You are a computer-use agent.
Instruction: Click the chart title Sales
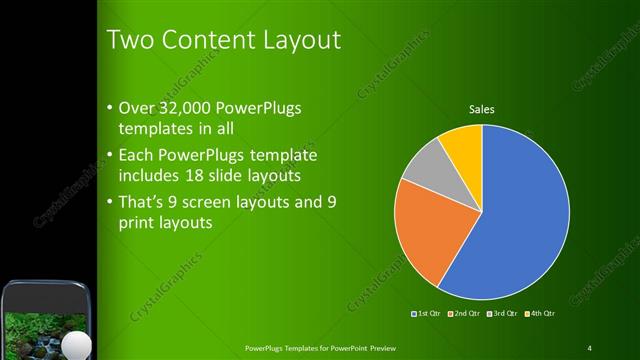482,110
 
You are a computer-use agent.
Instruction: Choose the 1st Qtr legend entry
428,314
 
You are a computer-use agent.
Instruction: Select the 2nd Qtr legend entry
465,314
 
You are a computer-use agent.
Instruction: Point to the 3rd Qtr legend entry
502,314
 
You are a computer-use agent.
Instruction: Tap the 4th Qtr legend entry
539,314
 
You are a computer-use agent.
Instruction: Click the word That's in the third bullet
142,202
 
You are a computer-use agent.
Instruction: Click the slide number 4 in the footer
589,347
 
